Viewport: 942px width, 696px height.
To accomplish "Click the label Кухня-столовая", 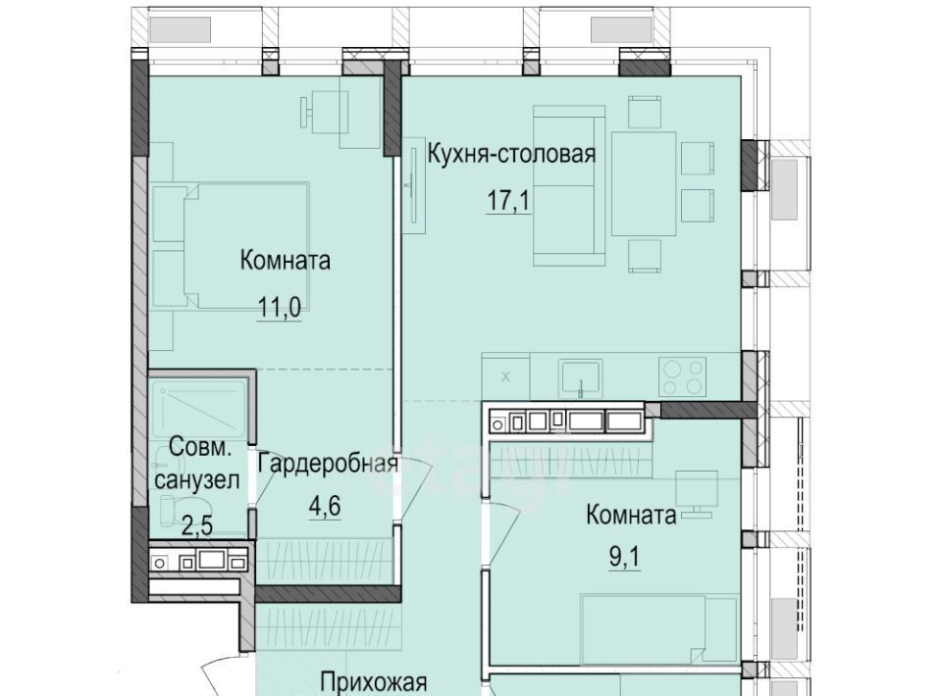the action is click(511, 154).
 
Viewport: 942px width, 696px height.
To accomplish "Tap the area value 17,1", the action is click(508, 200).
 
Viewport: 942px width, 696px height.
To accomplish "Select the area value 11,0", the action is click(280, 309).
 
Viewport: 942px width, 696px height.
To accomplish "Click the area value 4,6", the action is click(325, 507).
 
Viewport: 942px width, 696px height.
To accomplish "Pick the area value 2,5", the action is click(197, 526).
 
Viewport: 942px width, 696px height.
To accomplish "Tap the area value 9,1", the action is click(625, 557).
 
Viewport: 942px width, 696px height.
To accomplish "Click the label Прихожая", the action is click(374, 683).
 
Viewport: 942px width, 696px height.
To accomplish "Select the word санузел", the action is click(197, 480).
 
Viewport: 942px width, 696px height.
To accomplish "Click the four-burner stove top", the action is click(683, 376).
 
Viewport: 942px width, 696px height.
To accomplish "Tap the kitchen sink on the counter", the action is click(580, 378).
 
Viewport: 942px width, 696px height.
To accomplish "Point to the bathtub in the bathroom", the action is click(198, 409).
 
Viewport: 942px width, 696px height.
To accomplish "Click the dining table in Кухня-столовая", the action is click(644, 183).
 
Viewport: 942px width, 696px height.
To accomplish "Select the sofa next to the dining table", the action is click(569, 185).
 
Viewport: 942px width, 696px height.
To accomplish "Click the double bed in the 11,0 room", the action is click(232, 246).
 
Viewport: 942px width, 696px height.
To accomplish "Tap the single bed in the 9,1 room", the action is click(659, 629).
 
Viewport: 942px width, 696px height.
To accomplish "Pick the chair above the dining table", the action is click(645, 112).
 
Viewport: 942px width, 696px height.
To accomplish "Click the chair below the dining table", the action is click(645, 256).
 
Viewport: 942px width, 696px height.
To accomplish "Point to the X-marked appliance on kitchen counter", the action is click(505, 376).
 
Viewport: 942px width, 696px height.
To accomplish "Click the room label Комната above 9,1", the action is click(631, 515).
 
